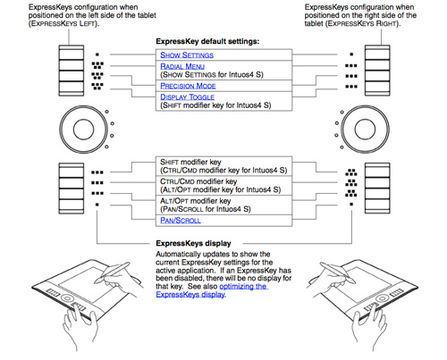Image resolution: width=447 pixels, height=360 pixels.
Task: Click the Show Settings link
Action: tap(187, 55)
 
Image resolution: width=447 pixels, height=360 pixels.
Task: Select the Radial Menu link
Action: tap(182, 66)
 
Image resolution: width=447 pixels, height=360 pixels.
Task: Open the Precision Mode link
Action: tap(188, 86)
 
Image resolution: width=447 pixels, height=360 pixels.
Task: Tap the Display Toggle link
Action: tap(187, 97)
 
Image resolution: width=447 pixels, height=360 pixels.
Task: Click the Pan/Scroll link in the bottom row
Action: tap(181, 221)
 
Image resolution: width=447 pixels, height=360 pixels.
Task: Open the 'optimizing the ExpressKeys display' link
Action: tap(212, 290)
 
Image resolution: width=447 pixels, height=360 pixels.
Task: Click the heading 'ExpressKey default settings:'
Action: tap(207, 41)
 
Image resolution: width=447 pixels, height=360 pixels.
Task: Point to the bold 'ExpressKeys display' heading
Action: tap(193, 243)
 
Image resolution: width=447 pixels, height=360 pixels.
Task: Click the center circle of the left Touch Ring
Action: tap(83, 130)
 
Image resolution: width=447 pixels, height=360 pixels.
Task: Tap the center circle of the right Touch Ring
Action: tap(365, 130)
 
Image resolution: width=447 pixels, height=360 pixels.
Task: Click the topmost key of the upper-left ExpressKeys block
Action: tap(72, 53)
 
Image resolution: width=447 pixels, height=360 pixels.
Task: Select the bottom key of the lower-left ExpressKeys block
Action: tap(72, 205)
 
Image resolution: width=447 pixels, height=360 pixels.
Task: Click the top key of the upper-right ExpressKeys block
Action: tap(377, 53)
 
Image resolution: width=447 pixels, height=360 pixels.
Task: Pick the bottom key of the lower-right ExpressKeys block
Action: tap(377, 205)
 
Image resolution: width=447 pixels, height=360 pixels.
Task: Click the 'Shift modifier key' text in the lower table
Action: tap(190, 162)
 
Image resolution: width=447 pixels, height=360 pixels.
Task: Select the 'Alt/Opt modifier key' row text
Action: tap(196, 201)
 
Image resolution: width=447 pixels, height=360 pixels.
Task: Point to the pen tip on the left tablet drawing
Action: tap(96, 281)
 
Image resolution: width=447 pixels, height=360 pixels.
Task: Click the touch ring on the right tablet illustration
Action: tap(381, 298)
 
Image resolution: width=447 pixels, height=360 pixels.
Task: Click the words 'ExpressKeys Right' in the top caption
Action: tap(362, 23)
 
